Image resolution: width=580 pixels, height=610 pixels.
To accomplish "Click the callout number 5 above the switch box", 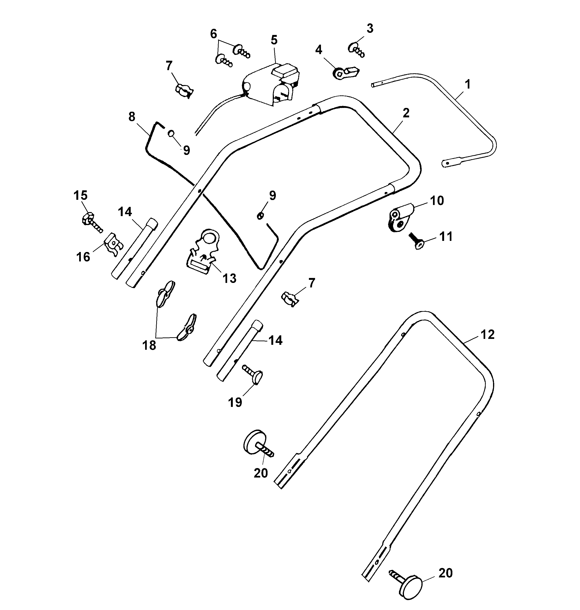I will point(274,40).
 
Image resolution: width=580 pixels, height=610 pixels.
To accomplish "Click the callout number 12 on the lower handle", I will point(488,334).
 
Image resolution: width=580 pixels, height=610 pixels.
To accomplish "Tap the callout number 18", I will point(149,345).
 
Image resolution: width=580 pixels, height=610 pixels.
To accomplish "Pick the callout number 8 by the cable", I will point(132,117).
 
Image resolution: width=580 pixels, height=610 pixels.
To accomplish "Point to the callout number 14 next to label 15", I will point(125,212).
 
